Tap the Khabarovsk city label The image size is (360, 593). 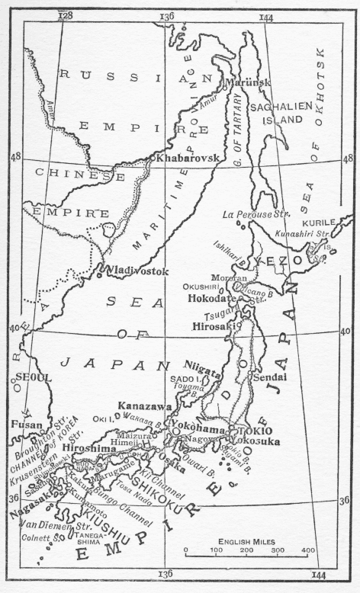click(x=187, y=158)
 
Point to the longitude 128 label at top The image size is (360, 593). click(x=66, y=15)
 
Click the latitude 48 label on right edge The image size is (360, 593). click(x=347, y=159)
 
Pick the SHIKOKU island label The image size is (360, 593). click(x=155, y=482)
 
